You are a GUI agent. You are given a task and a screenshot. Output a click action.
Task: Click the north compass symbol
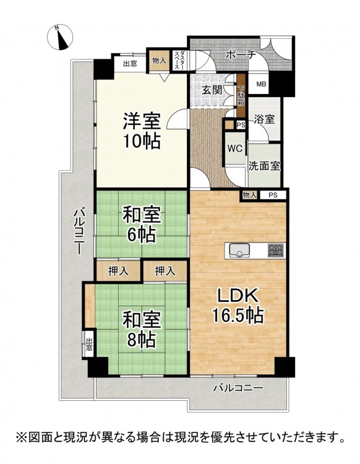pyautogui.click(x=60, y=37)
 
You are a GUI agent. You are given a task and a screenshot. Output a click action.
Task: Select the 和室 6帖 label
pyautogui.click(x=142, y=224)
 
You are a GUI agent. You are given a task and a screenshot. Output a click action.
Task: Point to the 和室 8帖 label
pyautogui.click(x=142, y=329)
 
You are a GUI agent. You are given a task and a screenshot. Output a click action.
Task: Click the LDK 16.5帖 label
pyautogui.click(x=238, y=307)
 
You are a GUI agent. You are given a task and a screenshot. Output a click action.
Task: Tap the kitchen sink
pyautogui.click(x=239, y=251)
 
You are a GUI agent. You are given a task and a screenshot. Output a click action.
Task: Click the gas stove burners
pyautogui.click(x=276, y=251)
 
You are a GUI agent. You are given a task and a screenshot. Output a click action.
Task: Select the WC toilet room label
pyautogui.click(x=235, y=148)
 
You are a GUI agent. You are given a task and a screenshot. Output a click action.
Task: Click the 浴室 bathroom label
pyautogui.click(x=265, y=119)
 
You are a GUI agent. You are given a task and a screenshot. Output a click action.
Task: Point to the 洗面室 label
pyautogui.click(x=264, y=166)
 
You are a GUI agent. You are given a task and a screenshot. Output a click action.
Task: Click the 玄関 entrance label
pyautogui.click(x=212, y=90)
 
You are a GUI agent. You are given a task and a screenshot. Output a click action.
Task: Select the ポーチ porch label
pyautogui.click(x=240, y=55)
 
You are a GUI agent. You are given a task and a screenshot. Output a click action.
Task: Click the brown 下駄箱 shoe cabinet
pyautogui.click(x=241, y=95)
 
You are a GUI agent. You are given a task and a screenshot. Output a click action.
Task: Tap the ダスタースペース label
pyautogui.click(x=179, y=61)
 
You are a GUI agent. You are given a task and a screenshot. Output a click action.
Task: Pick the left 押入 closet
pyautogui.click(x=118, y=270)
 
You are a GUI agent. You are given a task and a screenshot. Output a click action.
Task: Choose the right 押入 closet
pyautogui.click(x=165, y=270)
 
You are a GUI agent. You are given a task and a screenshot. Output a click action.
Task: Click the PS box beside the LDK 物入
pyautogui.click(x=273, y=195)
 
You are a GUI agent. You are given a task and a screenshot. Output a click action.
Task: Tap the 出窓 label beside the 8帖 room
pyautogui.click(x=89, y=344)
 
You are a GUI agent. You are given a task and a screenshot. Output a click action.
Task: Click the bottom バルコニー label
pyautogui.click(x=239, y=387)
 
